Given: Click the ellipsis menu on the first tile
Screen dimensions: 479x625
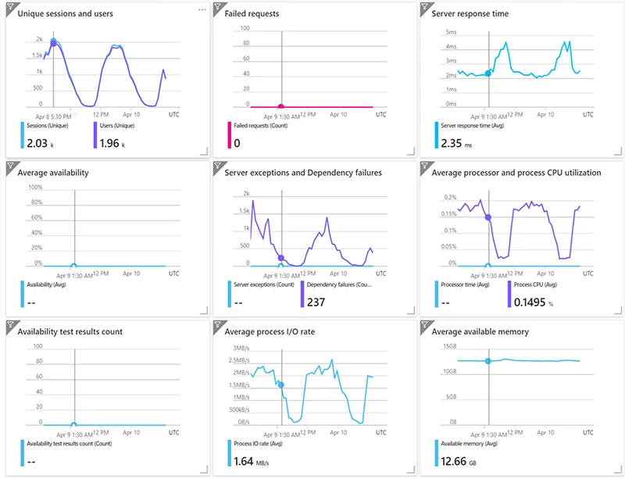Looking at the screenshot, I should coord(202,9).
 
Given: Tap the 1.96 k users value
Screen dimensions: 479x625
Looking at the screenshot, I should coord(110,143).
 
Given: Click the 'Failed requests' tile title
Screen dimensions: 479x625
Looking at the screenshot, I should coord(252,13).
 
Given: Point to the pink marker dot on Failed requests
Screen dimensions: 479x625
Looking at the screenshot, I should coord(281,105).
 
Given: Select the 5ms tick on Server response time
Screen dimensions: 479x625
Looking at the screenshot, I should coord(451,32).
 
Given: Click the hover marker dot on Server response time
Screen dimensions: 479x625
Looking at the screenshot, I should coord(488,73).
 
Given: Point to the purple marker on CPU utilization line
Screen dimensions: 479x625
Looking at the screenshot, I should coord(488,217).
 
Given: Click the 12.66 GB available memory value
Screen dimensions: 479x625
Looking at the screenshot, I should coord(458,461).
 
